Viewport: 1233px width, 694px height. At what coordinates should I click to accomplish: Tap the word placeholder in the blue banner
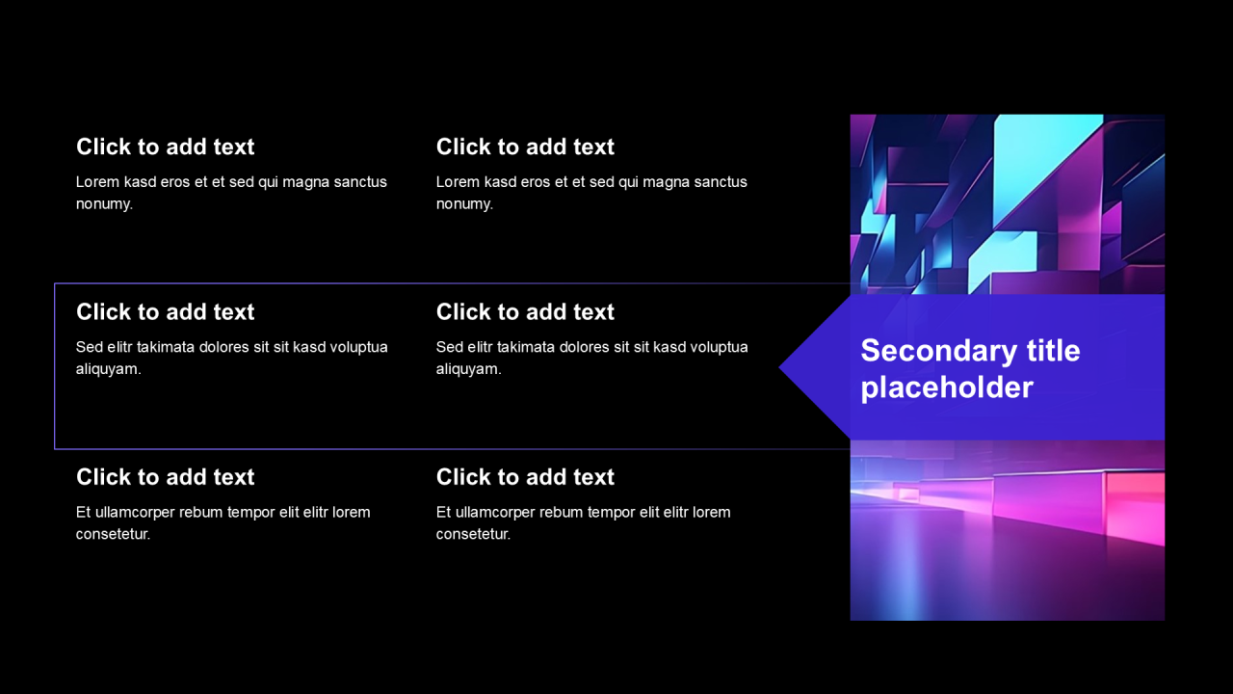click(x=947, y=388)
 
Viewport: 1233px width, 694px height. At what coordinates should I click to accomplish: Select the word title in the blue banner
click(x=1053, y=350)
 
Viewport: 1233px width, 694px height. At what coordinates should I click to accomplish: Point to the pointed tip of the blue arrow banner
click(x=780, y=368)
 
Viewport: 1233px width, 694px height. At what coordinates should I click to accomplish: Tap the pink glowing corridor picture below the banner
click(x=1008, y=530)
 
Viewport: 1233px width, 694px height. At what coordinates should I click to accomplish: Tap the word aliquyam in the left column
click(x=108, y=369)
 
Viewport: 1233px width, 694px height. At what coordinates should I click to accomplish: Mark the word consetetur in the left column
click(x=113, y=534)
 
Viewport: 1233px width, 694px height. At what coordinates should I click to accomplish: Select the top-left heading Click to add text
click(x=165, y=147)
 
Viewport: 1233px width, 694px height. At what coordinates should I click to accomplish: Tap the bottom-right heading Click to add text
click(x=525, y=477)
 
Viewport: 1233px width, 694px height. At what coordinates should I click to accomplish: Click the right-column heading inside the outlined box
click(x=525, y=311)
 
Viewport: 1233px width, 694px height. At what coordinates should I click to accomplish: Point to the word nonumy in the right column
click(x=464, y=204)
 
